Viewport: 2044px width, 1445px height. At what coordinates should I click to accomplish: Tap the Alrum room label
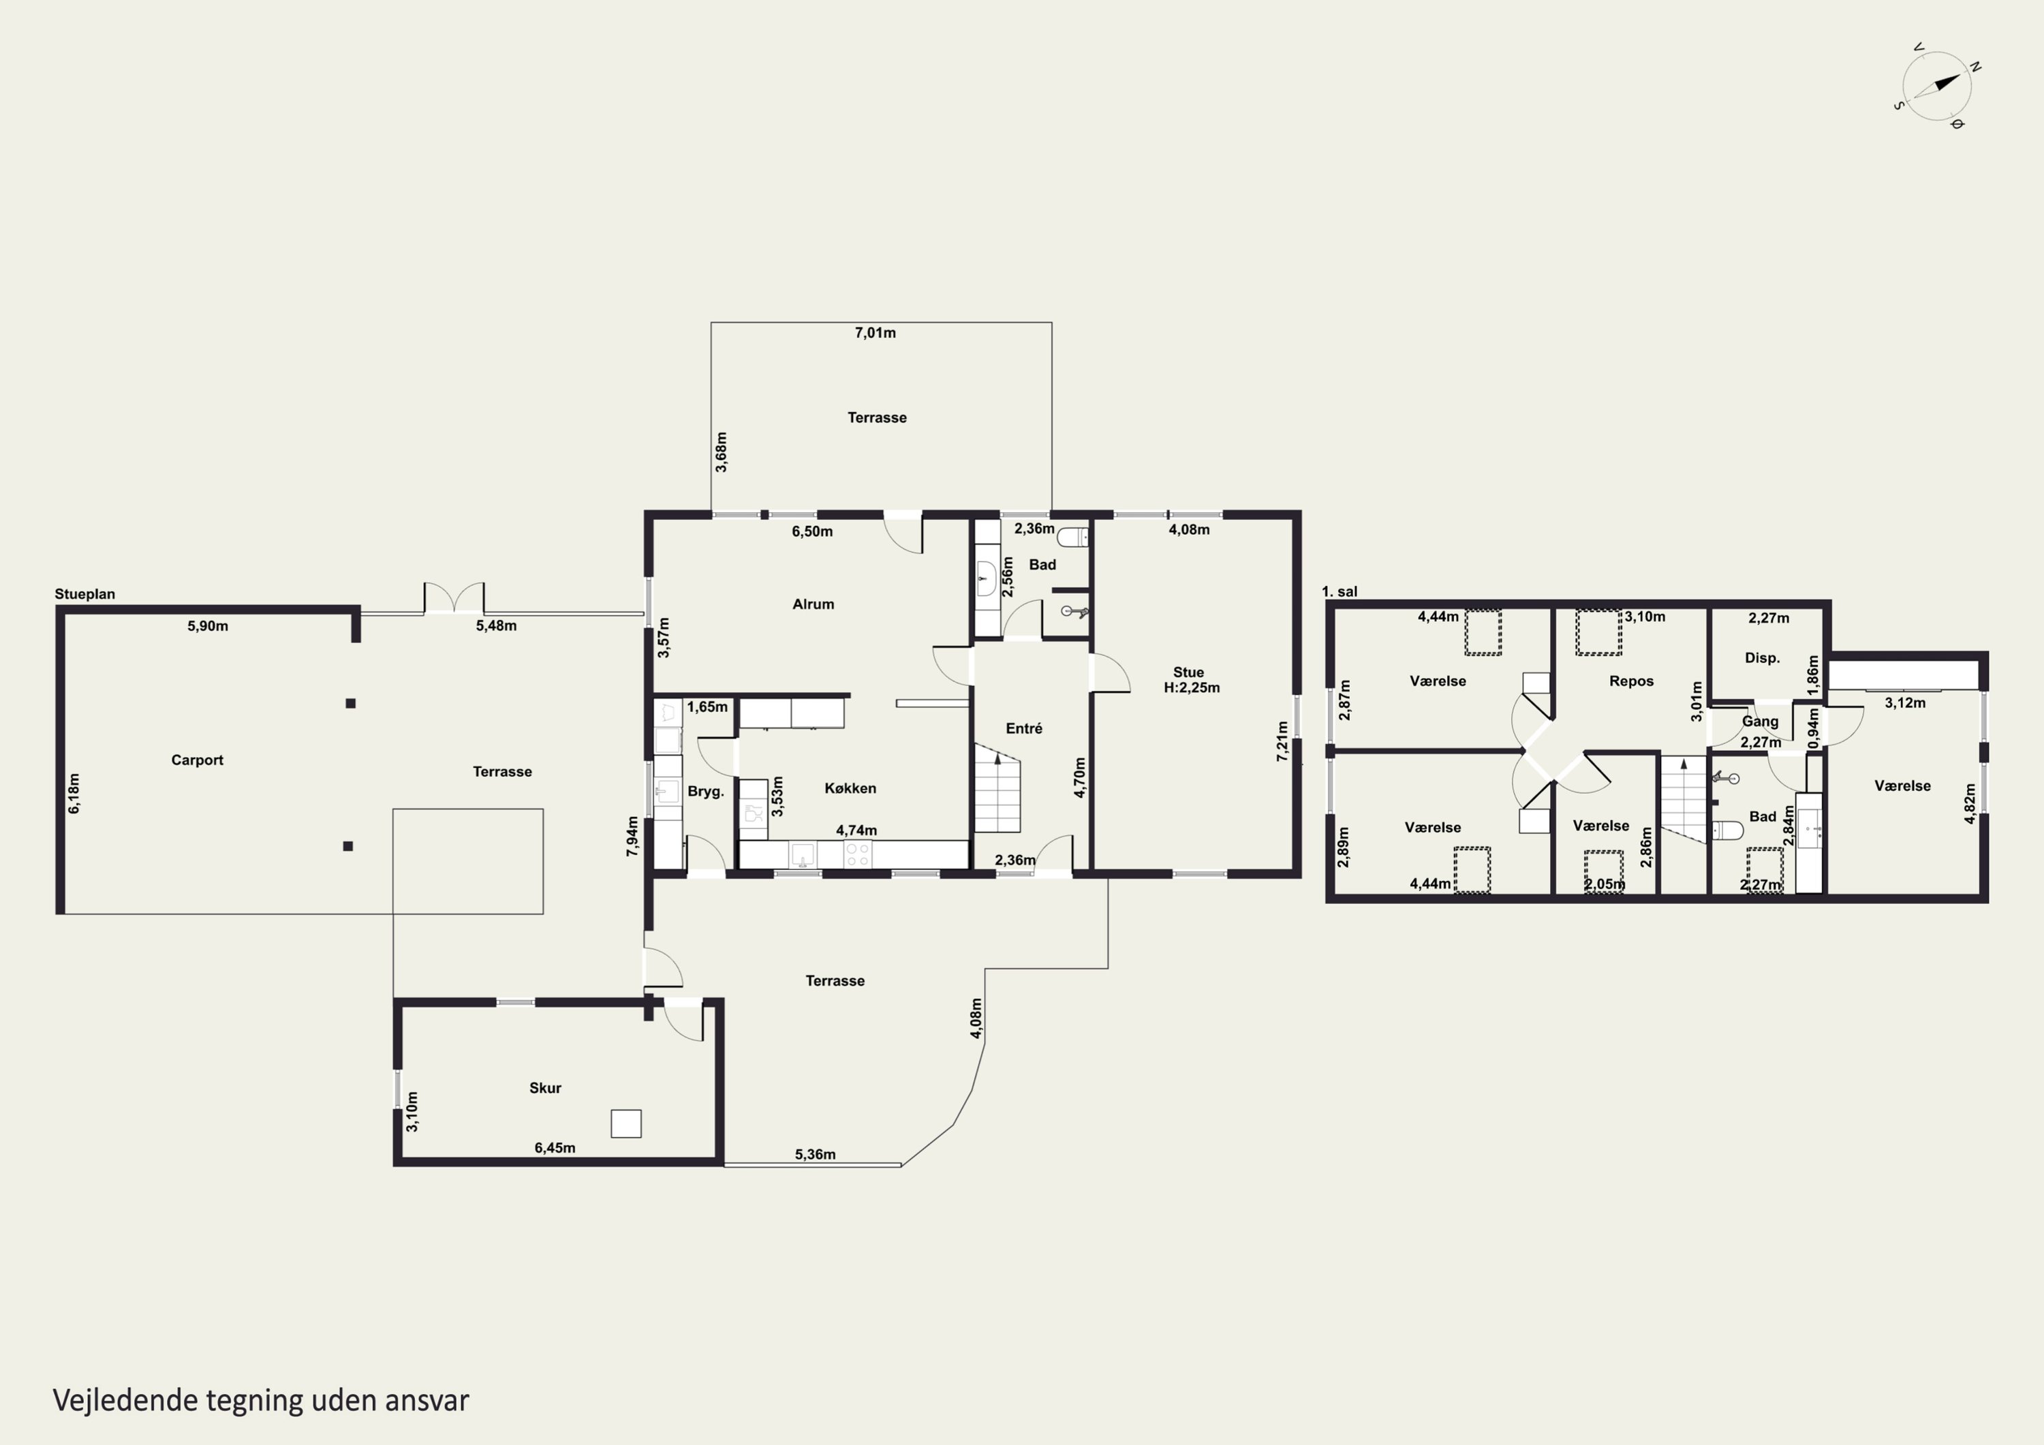point(813,604)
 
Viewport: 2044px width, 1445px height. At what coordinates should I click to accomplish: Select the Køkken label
point(850,788)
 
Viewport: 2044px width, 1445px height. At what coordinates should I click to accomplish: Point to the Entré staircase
point(997,788)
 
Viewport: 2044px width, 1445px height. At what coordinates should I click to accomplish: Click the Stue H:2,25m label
point(1191,680)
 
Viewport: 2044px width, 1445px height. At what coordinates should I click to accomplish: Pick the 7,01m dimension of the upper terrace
point(875,333)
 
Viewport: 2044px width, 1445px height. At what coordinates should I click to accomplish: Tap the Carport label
point(197,760)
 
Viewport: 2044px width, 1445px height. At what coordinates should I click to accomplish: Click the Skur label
point(545,1088)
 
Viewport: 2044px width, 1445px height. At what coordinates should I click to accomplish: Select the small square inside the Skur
point(626,1123)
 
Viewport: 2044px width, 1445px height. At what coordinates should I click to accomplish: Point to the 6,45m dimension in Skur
point(555,1149)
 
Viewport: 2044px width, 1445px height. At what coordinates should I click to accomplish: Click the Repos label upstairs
point(1631,681)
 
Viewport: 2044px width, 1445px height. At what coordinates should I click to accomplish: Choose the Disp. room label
point(1762,658)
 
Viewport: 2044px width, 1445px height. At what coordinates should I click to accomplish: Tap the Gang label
point(1760,722)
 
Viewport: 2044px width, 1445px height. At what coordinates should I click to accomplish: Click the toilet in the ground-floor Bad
point(1072,537)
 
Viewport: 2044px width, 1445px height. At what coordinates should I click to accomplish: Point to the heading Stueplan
point(84,595)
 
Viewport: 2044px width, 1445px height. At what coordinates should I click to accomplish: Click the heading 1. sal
point(1340,592)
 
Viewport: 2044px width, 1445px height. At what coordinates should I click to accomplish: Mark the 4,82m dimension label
point(1970,804)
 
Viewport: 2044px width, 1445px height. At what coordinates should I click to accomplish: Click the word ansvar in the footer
point(427,1401)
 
